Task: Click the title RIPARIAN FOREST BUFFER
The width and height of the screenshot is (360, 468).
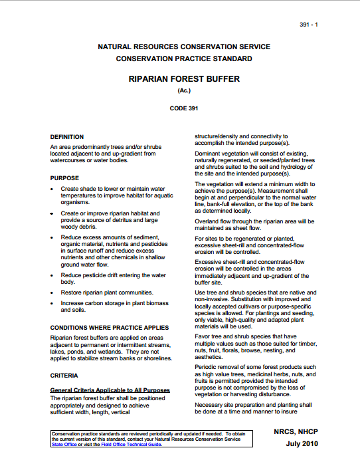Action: coord(179,78)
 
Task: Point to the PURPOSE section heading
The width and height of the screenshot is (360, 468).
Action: coord(64,178)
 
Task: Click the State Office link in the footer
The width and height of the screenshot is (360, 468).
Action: coord(65,445)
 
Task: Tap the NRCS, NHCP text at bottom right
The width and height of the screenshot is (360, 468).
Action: coord(296,431)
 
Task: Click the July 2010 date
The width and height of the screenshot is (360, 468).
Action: coord(302,443)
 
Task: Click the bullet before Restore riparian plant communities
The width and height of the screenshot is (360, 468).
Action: coord(52,292)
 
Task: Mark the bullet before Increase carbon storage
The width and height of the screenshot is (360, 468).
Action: coord(52,303)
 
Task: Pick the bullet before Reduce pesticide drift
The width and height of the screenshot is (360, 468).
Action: coord(52,275)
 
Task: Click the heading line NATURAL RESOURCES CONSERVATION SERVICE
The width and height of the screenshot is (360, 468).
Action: coord(184,47)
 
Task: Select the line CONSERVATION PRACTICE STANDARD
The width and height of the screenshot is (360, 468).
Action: coord(184,58)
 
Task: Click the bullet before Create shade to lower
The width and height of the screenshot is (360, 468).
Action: coord(52,189)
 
